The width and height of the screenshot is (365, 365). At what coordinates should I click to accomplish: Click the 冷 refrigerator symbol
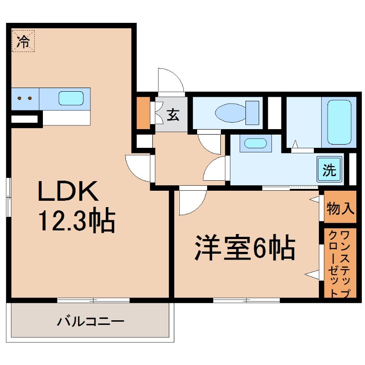coord(23,42)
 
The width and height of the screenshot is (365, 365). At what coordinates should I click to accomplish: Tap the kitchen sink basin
coord(71,99)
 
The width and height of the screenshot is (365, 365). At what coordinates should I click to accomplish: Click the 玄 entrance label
coord(172,115)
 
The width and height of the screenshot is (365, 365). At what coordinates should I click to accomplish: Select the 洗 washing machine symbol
coord(329,170)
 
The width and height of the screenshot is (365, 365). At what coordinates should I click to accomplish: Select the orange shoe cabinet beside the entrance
coord(143,112)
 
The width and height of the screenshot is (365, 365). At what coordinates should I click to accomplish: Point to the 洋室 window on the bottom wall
coord(246,300)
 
